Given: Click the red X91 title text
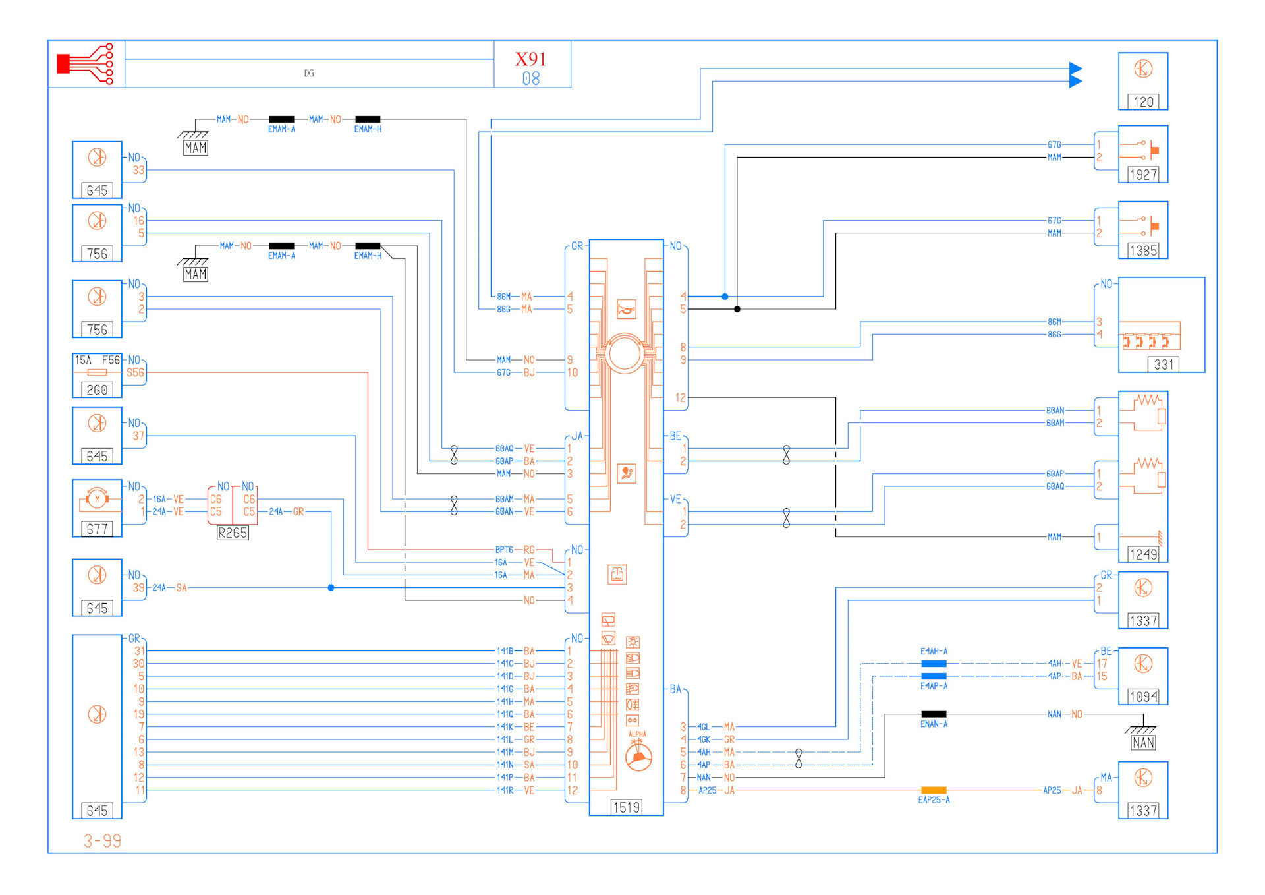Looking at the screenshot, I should click(x=530, y=59).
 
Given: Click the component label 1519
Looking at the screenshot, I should click(x=626, y=807).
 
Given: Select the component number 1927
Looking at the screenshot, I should click(x=1143, y=175).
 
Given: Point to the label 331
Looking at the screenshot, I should click(x=1164, y=364).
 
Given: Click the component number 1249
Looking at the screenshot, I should click(x=1143, y=554).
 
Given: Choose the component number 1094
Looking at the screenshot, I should click(x=1143, y=697).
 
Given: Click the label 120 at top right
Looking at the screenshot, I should click(x=1143, y=102).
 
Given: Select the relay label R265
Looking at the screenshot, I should click(x=233, y=533).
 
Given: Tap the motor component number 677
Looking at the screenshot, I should click(x=97, y=529).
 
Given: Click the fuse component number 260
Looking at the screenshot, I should click(x=97, y=390).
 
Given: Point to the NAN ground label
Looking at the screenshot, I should click(x=1143, y=743).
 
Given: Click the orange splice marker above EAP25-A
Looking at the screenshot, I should click(x=934, y=790).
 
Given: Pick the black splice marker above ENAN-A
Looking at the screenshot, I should click(x=934, y=714).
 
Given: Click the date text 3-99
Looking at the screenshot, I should click(x=102, y=841).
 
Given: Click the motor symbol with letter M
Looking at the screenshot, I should click(x=97, y=499).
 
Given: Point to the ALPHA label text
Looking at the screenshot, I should click(x=637, y=734).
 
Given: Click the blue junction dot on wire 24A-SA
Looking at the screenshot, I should click(x=331, y=587).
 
